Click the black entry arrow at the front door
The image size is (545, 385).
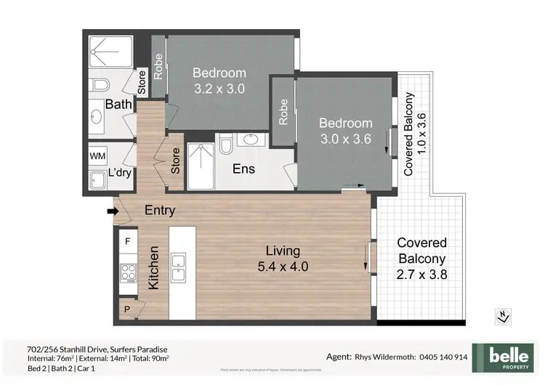tap(112, 211)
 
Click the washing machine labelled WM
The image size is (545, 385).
tap(97, 155)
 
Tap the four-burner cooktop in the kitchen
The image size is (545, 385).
tap(128, 273)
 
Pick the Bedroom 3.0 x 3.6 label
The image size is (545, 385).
tap(346, 131)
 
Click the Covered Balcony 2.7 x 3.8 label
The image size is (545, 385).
tap(421, 259)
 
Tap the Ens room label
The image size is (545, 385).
tap(243, 169)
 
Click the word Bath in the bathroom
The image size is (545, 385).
tap(118, 105)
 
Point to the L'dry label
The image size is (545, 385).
tap(118, 175)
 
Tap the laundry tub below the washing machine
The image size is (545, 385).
tap(97, 181)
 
